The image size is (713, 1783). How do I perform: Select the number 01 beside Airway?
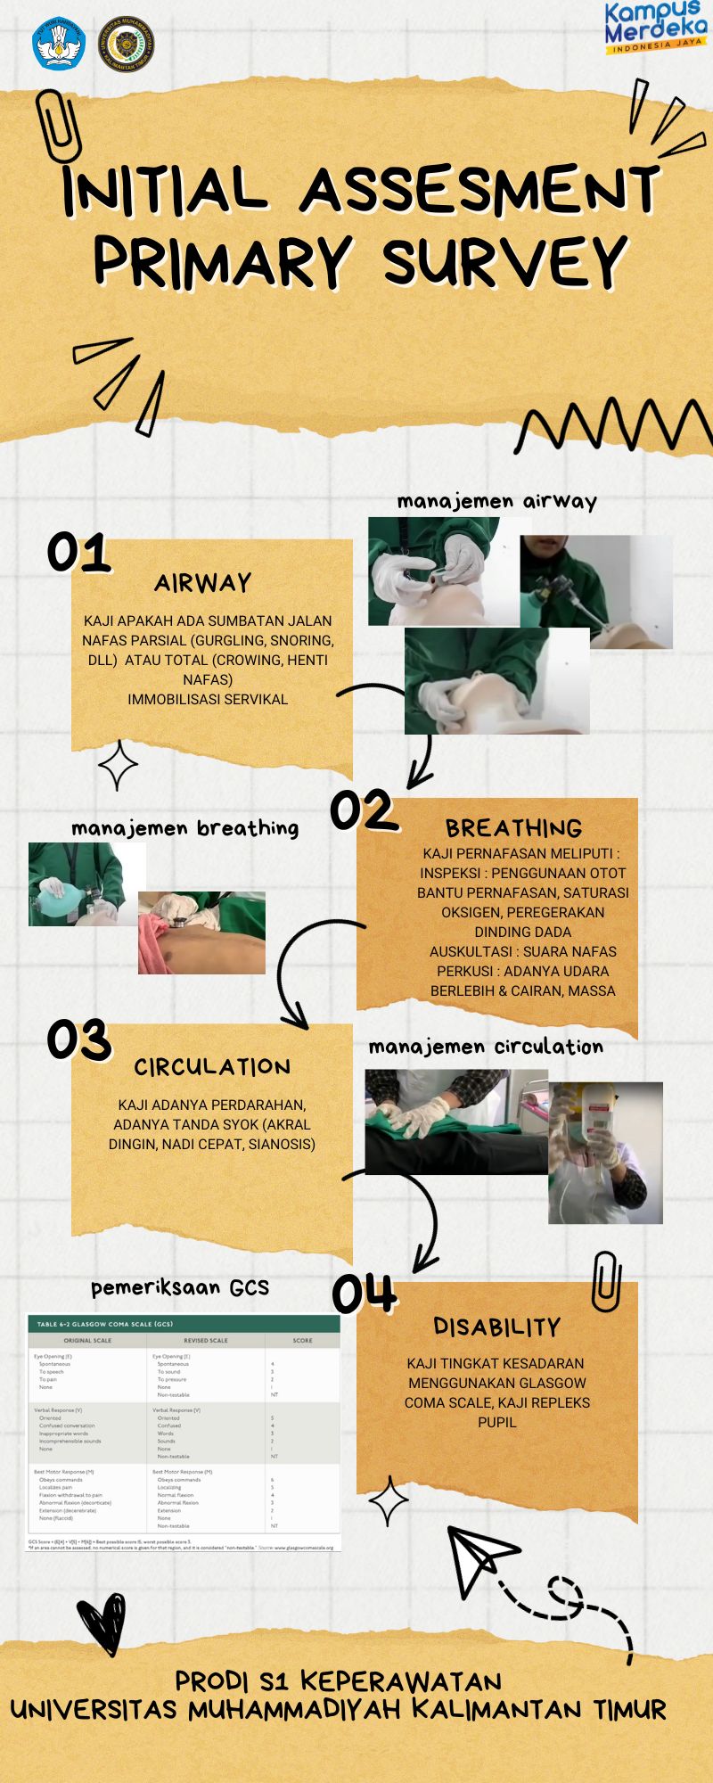[x=78, y=553]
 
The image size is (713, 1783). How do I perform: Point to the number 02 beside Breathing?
[x=362, y=810]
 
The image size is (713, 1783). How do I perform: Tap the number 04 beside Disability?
[x=364, y=1294]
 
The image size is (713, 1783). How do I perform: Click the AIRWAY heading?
[x=203, y=583]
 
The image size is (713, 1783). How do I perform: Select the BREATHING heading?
[x=513, y=828]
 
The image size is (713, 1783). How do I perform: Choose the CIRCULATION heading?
[x=212, y=1067]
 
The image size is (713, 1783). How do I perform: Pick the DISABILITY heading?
[x=496, y=1327]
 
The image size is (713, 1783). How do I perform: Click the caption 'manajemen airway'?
[x=496, y=501]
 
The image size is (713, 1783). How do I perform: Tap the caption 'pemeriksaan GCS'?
[x=179, y=1287]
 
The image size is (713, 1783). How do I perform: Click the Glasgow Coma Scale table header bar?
[x=184, y=1324]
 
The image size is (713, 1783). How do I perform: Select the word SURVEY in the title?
[x=504, y=260]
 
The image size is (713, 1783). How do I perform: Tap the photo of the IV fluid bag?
[x=605, y=1152]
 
